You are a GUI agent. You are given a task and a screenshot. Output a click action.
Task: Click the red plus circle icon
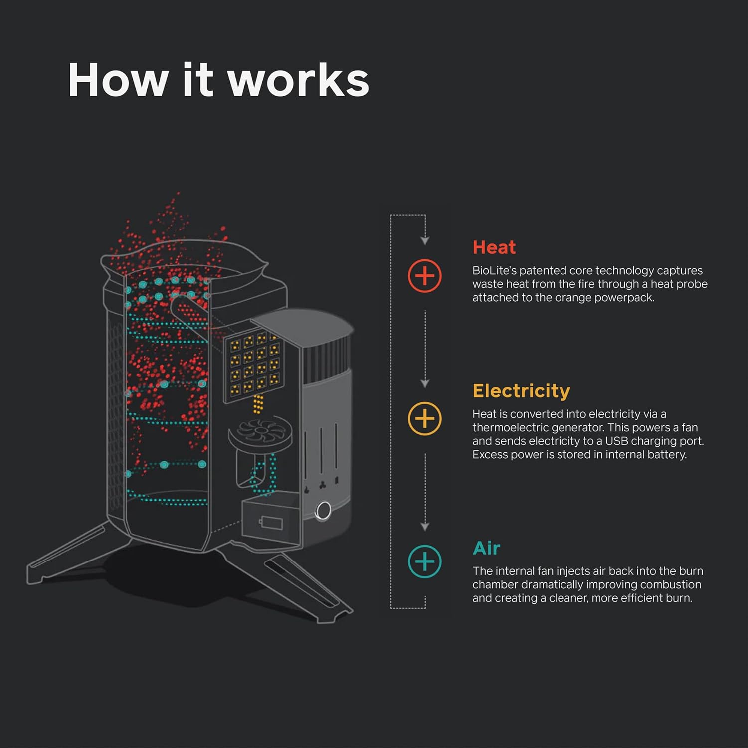point(424,276)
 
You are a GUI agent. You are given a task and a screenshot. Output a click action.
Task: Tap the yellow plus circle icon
point(424,419)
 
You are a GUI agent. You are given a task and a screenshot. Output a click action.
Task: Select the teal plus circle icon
point(424,561)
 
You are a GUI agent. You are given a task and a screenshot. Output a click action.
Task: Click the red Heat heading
point(494,247)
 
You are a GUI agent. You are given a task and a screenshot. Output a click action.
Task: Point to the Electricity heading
point(521,391)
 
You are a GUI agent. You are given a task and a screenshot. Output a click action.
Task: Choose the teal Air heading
point(486,548)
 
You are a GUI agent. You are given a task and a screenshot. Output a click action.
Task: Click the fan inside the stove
point(260,430)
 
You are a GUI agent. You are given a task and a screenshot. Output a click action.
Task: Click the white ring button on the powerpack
point(323,511)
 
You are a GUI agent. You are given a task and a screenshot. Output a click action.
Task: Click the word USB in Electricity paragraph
point(616,441)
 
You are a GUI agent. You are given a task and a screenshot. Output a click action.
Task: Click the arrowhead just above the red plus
point(425,241)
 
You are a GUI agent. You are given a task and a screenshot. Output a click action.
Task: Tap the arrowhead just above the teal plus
point(425,527)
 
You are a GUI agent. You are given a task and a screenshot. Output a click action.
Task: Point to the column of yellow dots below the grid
point(258,404)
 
